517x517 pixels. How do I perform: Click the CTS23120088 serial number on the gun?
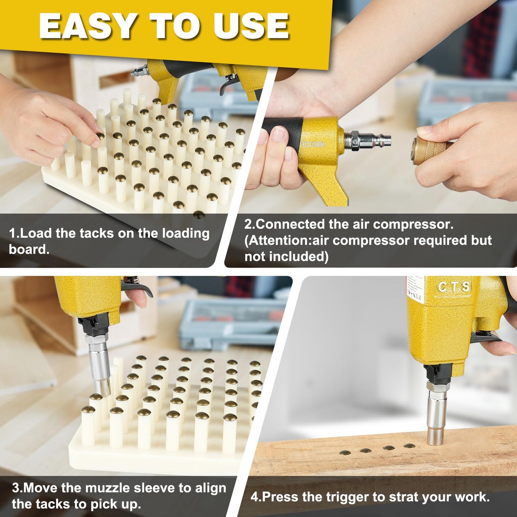[313, 145]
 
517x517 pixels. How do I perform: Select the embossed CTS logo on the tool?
[454, 287]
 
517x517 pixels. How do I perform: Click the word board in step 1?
[29, 249]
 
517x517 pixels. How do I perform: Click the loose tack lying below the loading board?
[199, 215]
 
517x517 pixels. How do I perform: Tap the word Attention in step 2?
[279, 241]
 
